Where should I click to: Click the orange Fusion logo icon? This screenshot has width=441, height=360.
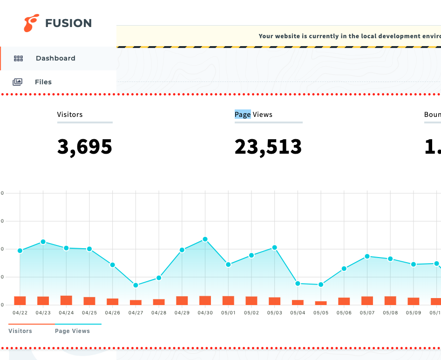[32, 23]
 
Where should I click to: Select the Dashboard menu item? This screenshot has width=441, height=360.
[55, 58]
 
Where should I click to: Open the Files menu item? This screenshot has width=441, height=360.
[43, 82]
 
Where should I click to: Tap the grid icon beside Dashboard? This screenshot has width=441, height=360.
[18, 59]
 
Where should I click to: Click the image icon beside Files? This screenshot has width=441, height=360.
[17, 82]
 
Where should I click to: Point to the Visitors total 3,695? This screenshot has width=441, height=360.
[85, 147]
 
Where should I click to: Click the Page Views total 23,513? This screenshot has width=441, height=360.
[268, 147]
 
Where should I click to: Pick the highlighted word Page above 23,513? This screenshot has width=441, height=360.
[243, 115]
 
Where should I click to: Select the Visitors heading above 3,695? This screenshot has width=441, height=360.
[70, 115]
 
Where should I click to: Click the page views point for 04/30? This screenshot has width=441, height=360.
[205, 239]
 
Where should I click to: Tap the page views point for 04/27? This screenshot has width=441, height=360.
[136, 285]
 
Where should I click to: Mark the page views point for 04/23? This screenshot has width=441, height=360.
[43, 242]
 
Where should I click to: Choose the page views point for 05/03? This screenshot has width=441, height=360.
[275, 248]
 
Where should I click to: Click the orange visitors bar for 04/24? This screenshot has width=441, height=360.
[66, 300]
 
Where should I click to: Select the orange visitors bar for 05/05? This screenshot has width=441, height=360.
[321, 303]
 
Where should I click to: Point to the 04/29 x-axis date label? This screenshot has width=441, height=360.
[182, 313]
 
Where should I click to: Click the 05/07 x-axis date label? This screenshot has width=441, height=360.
[367, 313]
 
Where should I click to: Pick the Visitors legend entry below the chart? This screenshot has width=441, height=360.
[20, 331]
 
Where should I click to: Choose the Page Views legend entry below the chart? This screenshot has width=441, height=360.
[72, 331]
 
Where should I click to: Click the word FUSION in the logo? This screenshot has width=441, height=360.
[68, 23]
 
